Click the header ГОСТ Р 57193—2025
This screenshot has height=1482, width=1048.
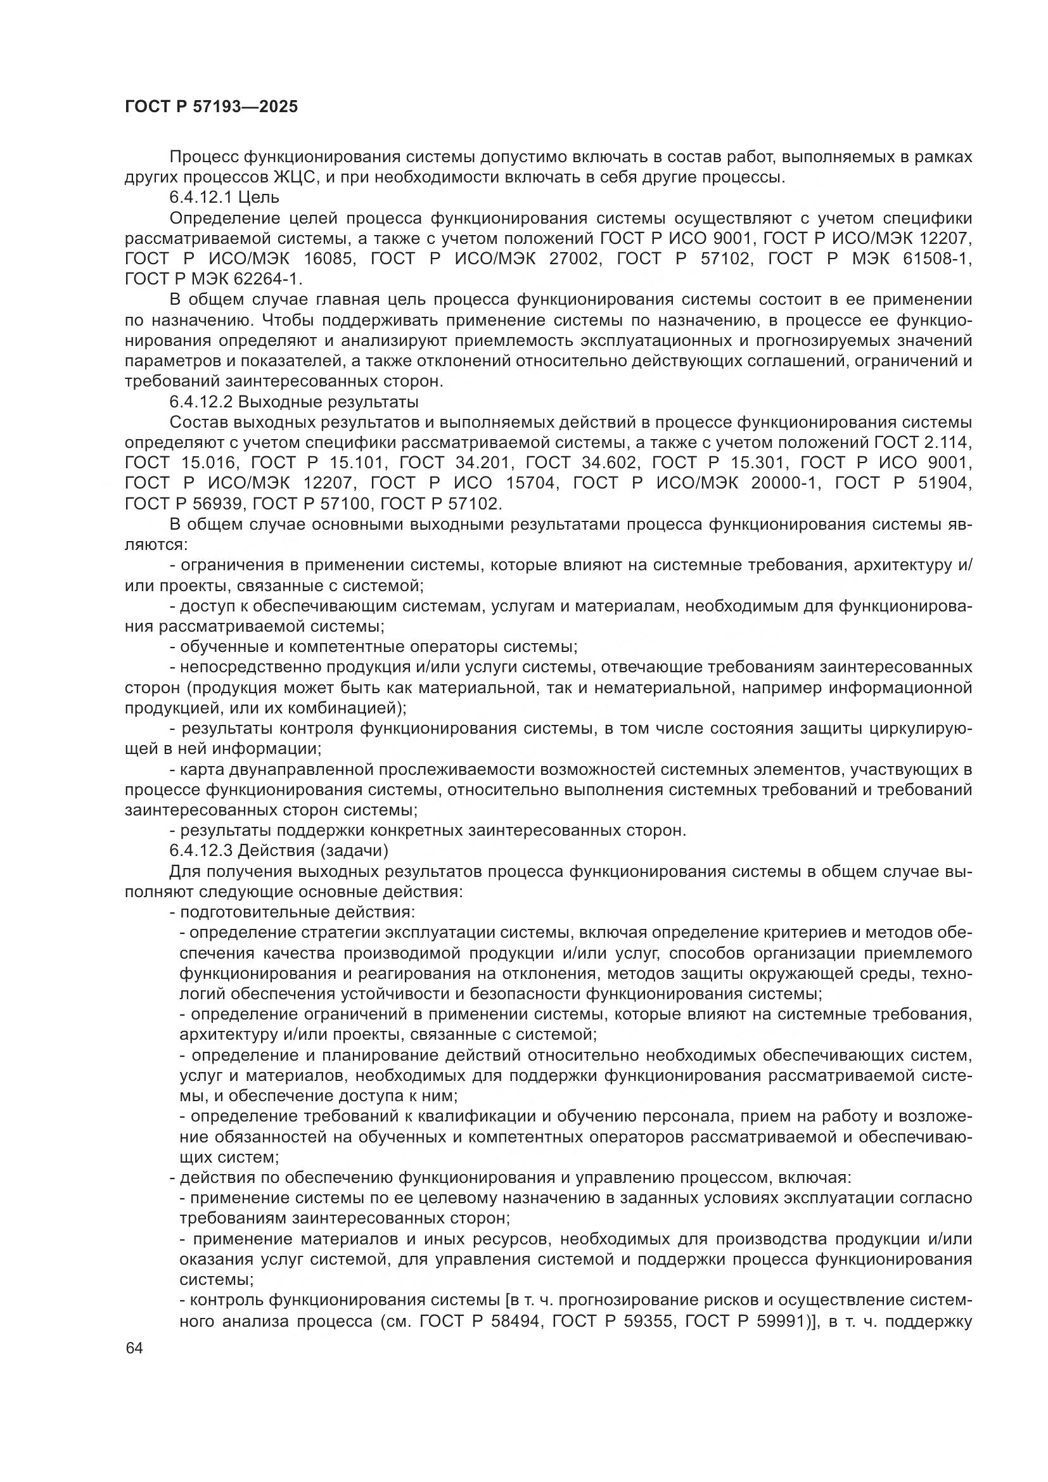pos(211,107)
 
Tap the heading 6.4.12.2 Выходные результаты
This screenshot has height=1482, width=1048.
pos(293,402)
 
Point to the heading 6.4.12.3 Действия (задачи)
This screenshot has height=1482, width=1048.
pos(278,851)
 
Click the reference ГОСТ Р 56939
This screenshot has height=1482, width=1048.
pos(185,504)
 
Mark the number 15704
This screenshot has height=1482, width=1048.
pos(523,483)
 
